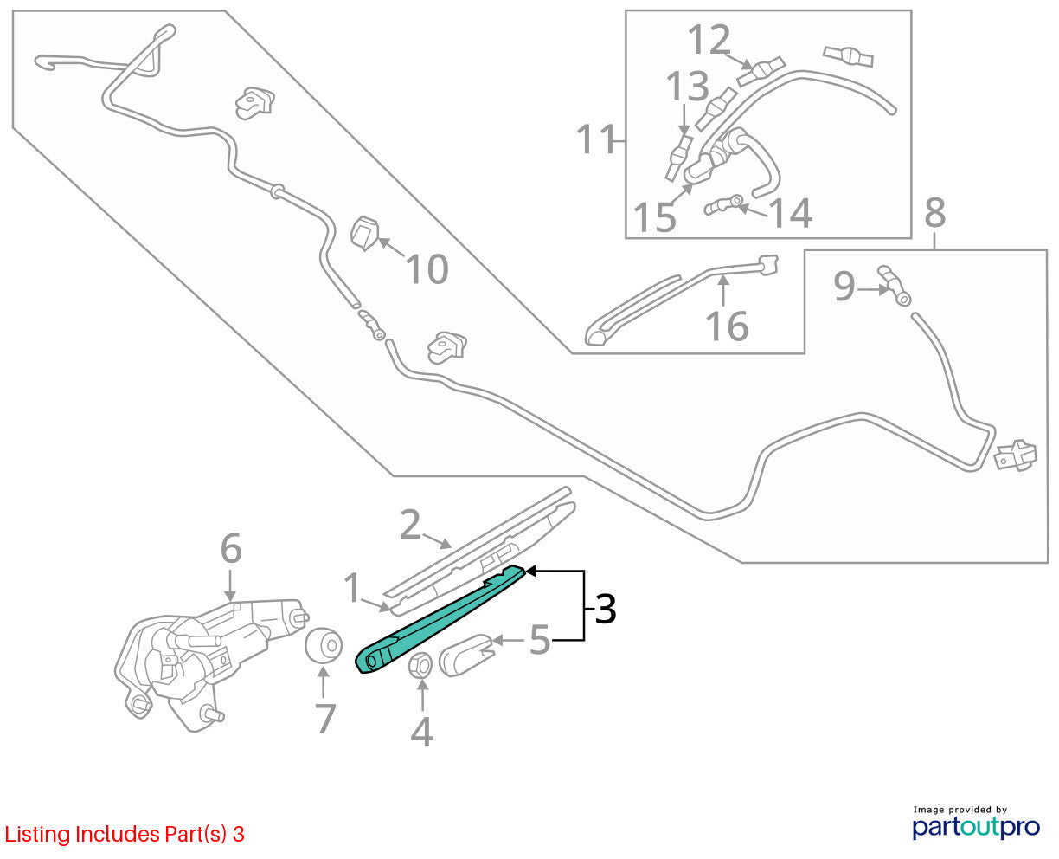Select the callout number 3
[x=605, y=609]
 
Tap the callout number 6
[x=231, y=548]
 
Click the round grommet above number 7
[x=324, y=645]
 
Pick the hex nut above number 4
[x=420, y=665]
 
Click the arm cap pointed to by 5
[x=465, y=655]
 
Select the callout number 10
[x=427, y=269]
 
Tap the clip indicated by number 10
[x=364, y=233]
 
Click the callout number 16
[x=727, y=326]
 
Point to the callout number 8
[x=934, y=212]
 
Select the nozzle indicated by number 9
[x=894, y=285]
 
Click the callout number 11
[x=595, y=139]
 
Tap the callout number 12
[x=709, y=39]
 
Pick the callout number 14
[x=790, y=212]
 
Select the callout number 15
[x=654, y=217]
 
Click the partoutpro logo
[x=975, y=827]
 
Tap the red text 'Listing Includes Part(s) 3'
[x=125, y=834]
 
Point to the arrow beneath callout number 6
[x=229, y=585]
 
